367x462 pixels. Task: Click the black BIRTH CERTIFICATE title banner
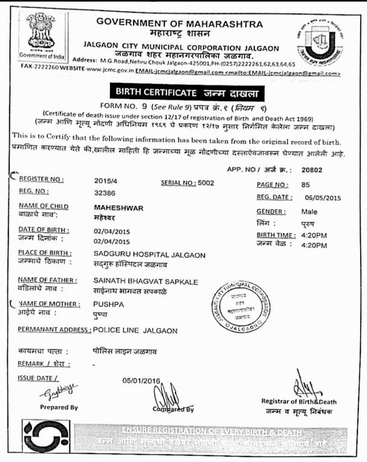pyautogui.click(x=188, y=93)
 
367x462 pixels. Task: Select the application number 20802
pyautogui.click(x=312, y=169)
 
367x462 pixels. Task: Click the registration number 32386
pyautogui.click(x=105, y=192)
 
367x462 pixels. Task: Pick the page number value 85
pyautogui.click(x=306, y=184)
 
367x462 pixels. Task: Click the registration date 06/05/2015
pyautogui.click(x=322, y=197)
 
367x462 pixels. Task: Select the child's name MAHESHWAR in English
pyautogui.click(x=111, y=208)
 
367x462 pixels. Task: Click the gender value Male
pyautogui.click(x=309, y=212)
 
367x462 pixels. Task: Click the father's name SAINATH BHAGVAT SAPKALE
pyautogui.click(x=142, y=281)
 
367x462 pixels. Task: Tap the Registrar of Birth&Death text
pyautogui.click(x=299, y=402)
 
